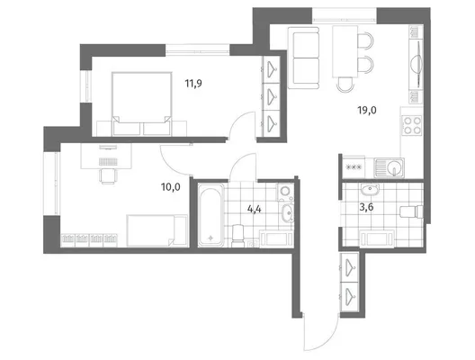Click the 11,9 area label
(x=193, y=83)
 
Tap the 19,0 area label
(x=367, y=110)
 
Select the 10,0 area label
(x=171, y=187)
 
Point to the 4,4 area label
(x=255, y=209)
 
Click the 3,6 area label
(x=366, y=207)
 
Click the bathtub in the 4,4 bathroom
(x=211, y=214)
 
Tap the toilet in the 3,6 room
(x=411, y=211)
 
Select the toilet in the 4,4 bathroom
(x=237, y=236)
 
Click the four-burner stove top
(x=412, y=125)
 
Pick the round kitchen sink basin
(x=394, y=167)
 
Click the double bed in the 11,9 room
(x=141, y=103)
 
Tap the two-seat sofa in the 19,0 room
(x=303, y=58)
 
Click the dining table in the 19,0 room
(x=345, y=51)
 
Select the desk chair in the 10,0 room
(x=108, y=176)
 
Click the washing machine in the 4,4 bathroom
(x=284, y=192)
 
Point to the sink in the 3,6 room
(x=370, y=189)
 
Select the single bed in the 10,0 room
(x=157, y=230)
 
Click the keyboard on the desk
(x=108, y=162)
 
